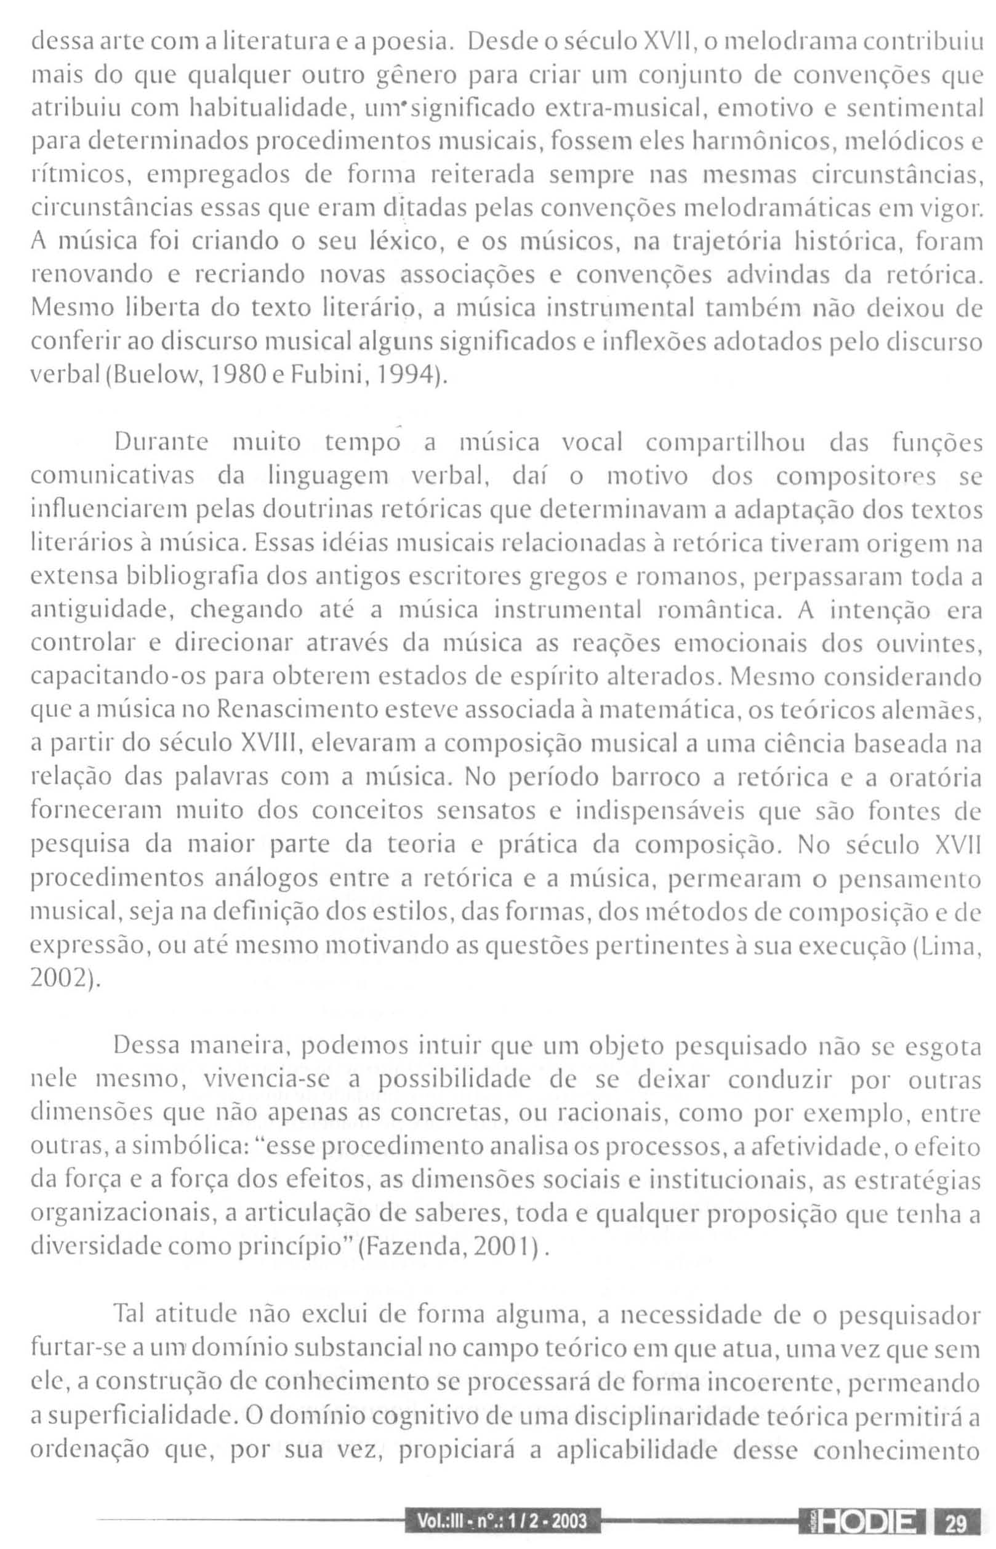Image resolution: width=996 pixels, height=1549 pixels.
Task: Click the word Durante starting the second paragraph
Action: click(x=161, y=443)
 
